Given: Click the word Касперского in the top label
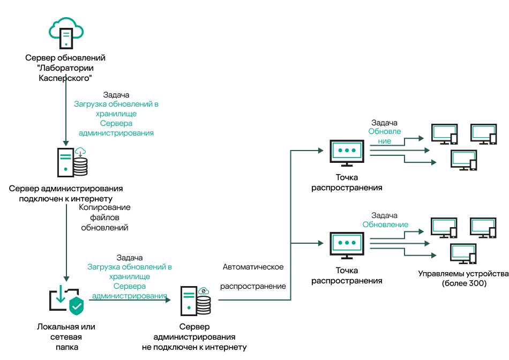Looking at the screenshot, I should click(65, 77).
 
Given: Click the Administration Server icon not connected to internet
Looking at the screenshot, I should click(195, 302).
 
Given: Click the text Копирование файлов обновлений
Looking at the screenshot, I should click(105, 217).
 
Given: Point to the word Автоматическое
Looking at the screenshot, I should click(253, 266).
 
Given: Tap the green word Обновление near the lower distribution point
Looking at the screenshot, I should click(385, 224).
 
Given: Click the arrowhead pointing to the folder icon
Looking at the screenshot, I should click(66, 279).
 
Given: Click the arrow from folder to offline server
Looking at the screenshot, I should click(129, 300).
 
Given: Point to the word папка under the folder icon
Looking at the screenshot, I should click(66, 347).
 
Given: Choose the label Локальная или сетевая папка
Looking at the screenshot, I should click(66, 336).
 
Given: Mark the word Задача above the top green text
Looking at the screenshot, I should click(116, 95).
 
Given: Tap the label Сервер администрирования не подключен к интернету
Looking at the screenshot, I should click(195, 337).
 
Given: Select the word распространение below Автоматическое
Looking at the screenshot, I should click(253, 286).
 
